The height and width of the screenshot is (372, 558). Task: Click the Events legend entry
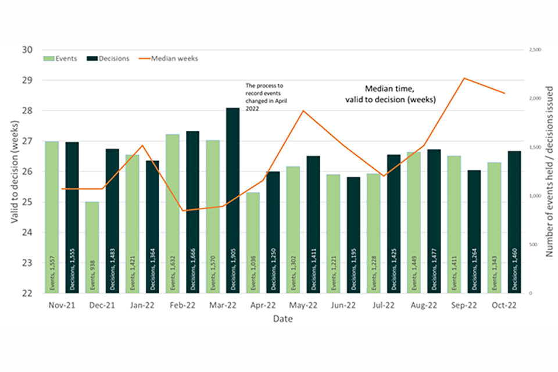click(64, 59)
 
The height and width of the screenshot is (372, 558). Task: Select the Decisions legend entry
click(110, 59)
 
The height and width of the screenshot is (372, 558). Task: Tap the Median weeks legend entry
click(168, 59)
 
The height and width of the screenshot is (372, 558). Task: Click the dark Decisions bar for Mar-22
click(233, 201)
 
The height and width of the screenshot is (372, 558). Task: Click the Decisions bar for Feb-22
click(192, 212)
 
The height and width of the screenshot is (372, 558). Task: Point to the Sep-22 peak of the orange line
click(464, 78)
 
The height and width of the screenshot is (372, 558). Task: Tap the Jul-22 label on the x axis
click(383, 305)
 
